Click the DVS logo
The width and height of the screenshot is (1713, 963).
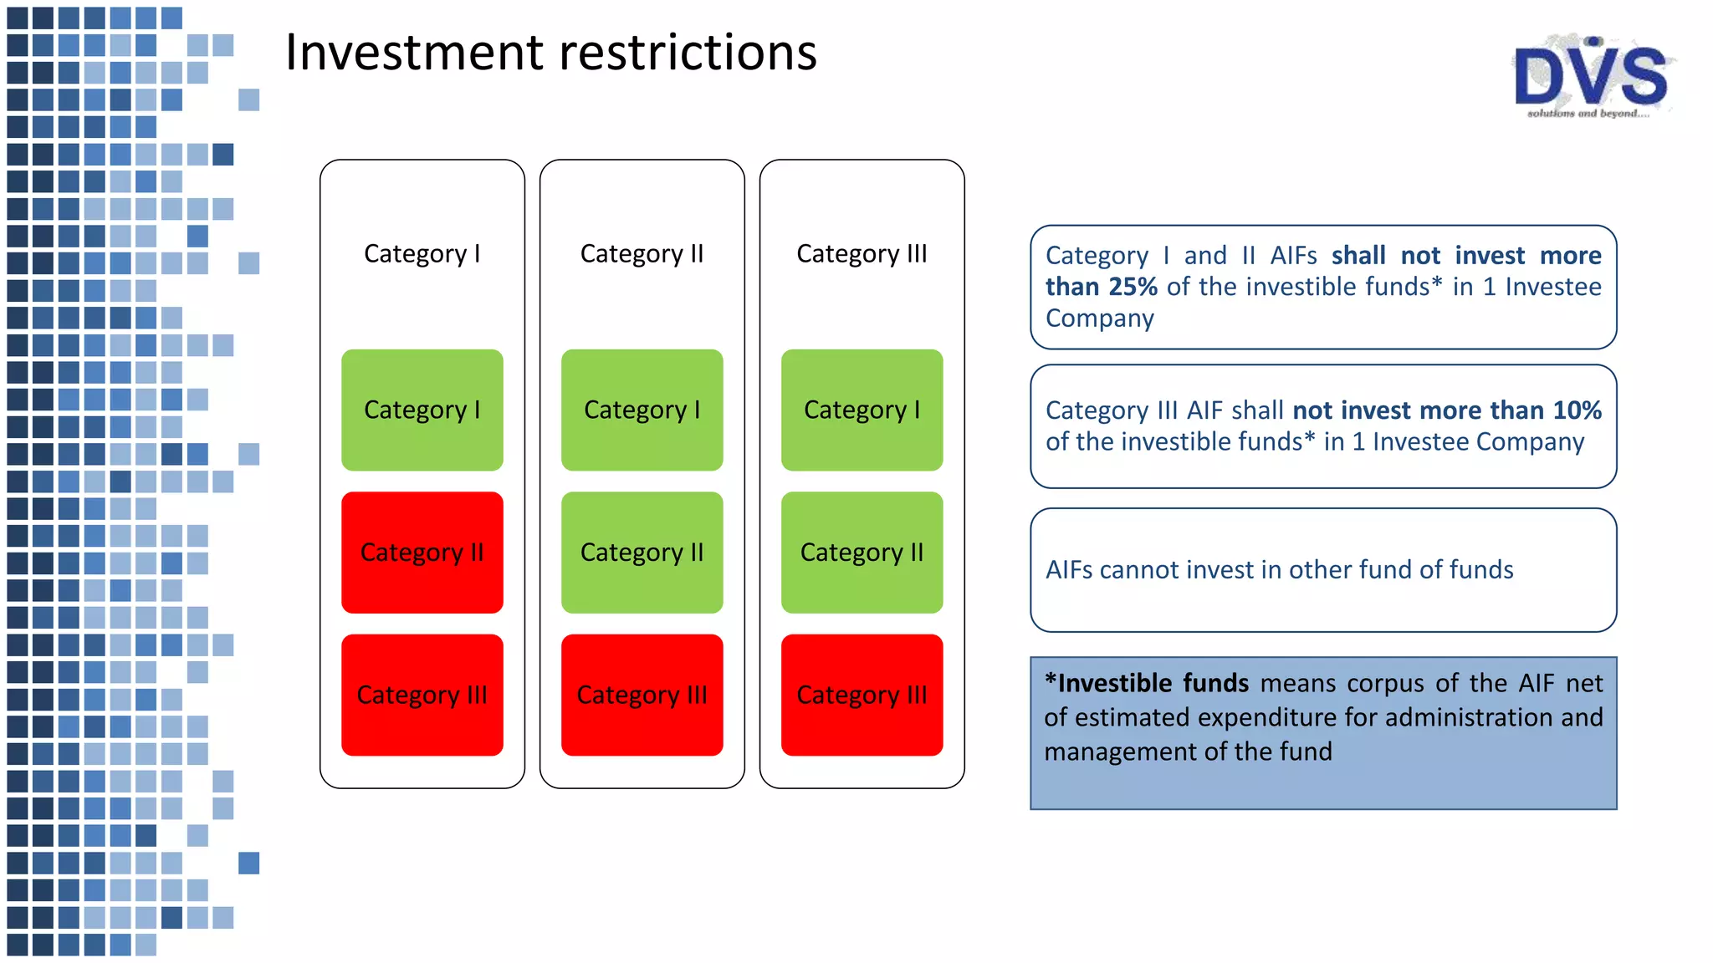1591,78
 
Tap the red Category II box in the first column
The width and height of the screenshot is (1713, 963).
422,553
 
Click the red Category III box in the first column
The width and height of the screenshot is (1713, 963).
422,695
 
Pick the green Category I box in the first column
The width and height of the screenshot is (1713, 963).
422,410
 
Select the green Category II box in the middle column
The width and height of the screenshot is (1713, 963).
642,553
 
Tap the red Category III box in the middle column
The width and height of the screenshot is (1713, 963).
642,695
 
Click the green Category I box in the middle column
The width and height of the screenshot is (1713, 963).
642,410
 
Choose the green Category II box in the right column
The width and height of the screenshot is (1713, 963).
862,553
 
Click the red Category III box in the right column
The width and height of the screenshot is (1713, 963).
862,695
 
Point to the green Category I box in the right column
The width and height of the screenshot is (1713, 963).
862,410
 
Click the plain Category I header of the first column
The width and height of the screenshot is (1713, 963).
422,253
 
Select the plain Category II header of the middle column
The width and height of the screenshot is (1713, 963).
642,253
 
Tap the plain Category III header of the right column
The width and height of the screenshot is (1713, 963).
862,253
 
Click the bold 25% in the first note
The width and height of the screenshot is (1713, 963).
1133,287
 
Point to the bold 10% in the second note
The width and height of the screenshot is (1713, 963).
1577,410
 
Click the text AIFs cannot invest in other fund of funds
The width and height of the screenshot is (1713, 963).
1279,570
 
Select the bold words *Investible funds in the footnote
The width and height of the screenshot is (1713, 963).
1147,684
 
